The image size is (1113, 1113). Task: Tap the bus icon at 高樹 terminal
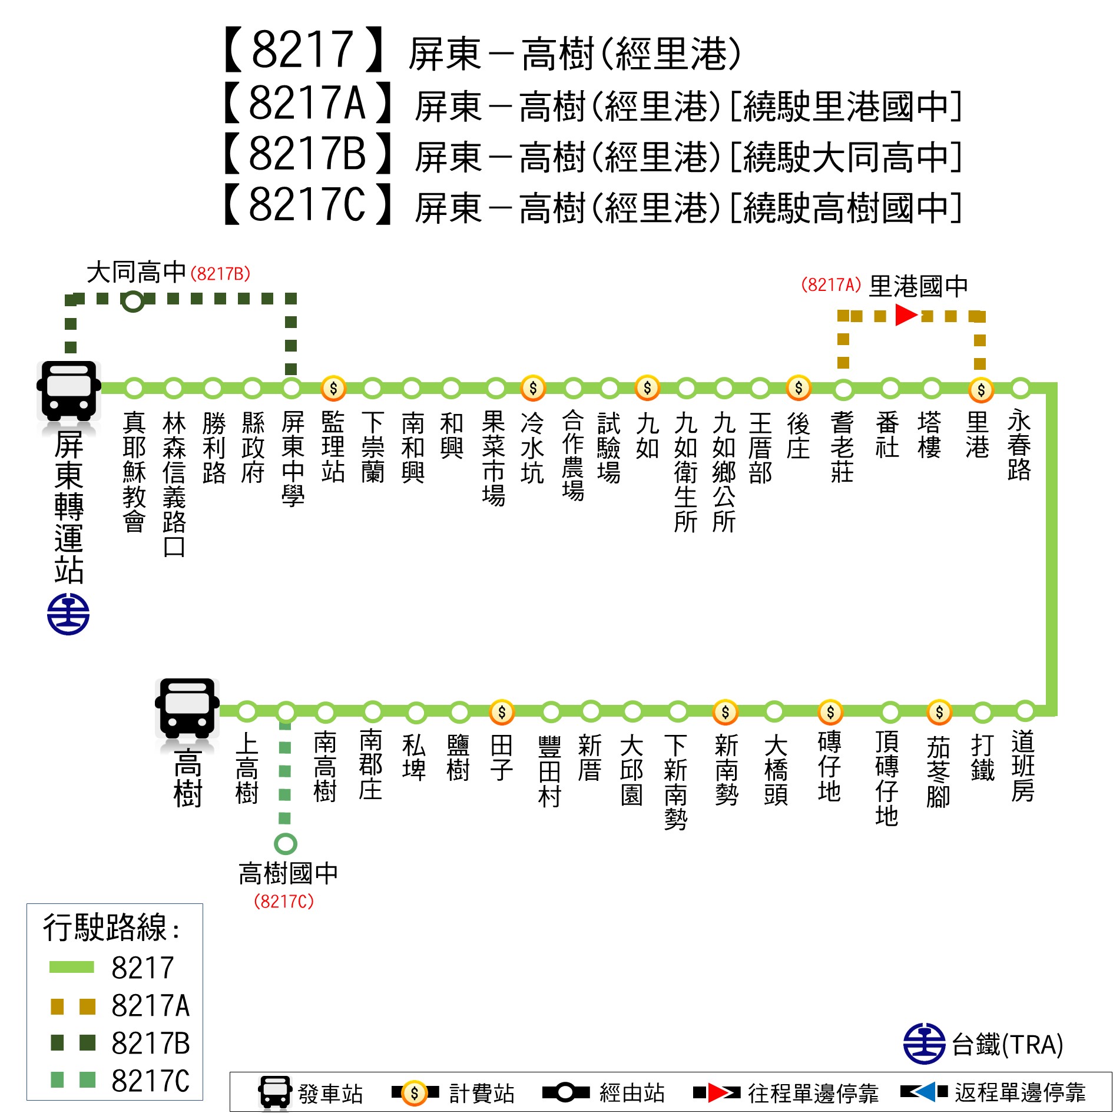click(187, 708)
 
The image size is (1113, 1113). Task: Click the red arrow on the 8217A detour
click(906, 315)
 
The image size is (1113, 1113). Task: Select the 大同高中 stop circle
click(133, 301)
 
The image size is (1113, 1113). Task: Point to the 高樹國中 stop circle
click(286, 843)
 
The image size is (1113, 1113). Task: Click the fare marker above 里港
click(981, 389)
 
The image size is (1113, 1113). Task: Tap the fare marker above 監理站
click(333, 388)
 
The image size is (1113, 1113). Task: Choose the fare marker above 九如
click(647, 387)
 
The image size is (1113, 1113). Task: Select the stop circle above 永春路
click(1021, 389)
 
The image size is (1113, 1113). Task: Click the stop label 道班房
click(1023, 766)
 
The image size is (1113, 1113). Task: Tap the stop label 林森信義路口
click(174, 484)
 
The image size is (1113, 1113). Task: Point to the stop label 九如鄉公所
click(724, 472)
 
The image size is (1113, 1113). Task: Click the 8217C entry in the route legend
click(120, 1081)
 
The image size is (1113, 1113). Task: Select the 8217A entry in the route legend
click(120, 1005)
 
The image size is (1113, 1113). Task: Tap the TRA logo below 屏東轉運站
click(68, 614)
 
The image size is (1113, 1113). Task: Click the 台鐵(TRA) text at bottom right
click(1008, 1045)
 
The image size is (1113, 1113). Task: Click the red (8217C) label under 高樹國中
click(284, 901)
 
